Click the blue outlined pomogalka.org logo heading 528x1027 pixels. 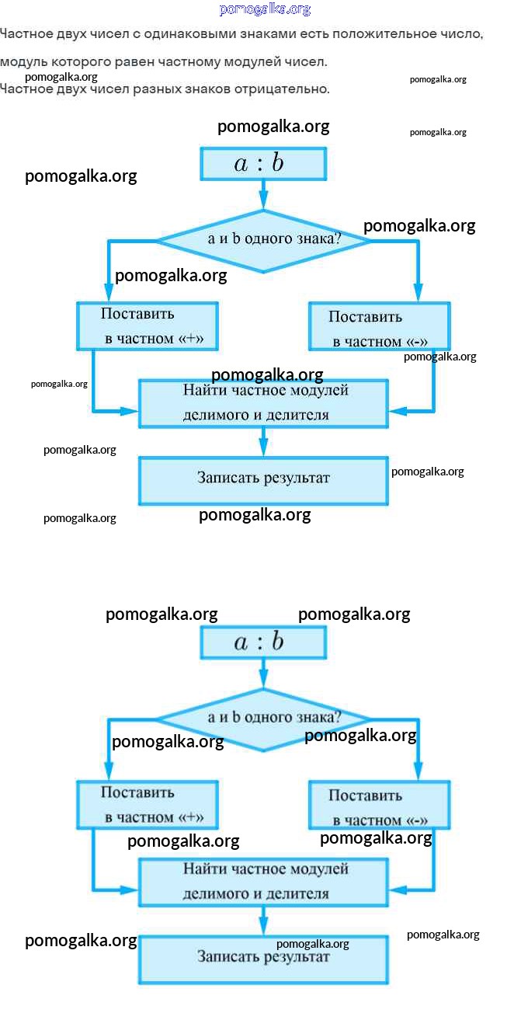pos(265,9)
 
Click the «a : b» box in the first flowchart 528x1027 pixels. pos(263,164)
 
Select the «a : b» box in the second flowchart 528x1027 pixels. pos(263,642)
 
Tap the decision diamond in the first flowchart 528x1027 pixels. pos(263,240)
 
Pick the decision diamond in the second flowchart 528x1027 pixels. pos(263,719)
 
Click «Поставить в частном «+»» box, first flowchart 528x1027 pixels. pos(147,326)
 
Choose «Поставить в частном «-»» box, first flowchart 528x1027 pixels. pos(379,328)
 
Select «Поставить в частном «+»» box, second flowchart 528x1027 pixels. pos(147,805)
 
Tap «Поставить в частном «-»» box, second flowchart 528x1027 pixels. pos(379,806)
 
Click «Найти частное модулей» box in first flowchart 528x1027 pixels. pos(263,403)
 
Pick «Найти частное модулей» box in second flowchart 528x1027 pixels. pos(263,882)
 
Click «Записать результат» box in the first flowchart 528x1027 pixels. pos(263,479)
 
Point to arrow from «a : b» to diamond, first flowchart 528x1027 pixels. pos(263,194)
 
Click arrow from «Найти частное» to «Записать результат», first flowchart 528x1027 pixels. pos(263,441)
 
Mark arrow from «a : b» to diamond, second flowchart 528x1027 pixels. pos(263,673)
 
